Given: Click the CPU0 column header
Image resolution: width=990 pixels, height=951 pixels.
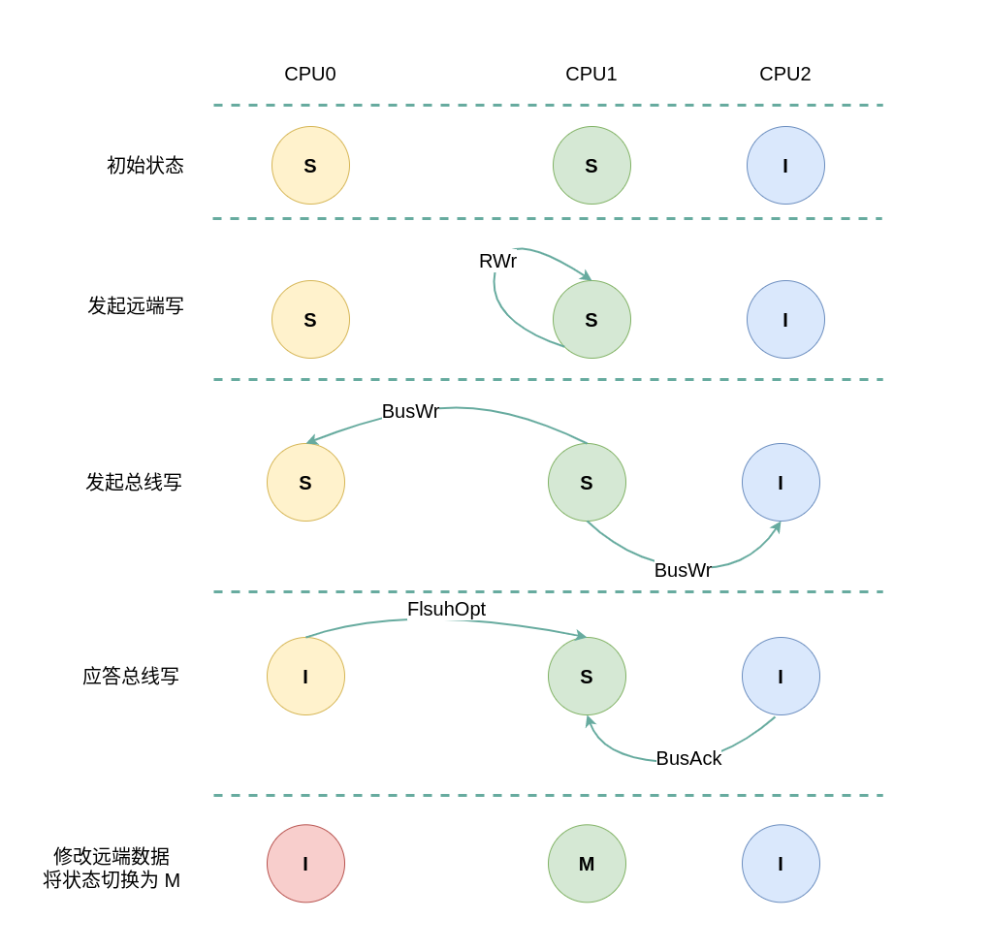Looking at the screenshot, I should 310,75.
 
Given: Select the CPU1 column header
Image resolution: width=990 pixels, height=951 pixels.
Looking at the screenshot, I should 591,75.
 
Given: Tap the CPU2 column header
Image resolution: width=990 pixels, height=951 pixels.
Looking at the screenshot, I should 785,75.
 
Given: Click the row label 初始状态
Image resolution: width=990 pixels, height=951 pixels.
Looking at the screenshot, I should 145,166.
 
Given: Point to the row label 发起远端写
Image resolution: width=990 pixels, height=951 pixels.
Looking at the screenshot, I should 136,306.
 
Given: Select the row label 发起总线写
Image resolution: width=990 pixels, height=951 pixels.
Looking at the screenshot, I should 134,483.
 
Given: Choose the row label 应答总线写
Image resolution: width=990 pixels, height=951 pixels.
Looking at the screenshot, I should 131,677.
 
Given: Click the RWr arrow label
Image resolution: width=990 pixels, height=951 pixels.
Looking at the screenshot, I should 497,262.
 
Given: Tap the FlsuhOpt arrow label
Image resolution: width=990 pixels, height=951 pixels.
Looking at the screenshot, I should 446,610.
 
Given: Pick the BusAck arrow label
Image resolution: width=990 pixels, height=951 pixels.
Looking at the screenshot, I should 688,759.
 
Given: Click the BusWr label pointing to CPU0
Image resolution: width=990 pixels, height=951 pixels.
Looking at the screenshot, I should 410,412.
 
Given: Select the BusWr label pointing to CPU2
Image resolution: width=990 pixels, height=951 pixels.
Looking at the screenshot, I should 683,571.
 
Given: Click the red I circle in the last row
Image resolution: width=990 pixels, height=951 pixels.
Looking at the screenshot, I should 305,864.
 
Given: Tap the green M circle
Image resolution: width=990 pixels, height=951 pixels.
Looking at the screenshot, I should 587,864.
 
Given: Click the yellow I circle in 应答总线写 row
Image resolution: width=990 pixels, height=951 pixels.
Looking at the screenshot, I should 305,677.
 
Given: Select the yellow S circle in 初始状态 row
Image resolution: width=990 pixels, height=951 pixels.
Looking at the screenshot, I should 310,166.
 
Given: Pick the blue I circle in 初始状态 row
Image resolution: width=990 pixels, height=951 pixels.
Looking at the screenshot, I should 785,166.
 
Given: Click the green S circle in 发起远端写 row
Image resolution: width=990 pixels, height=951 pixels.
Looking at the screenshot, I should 591,320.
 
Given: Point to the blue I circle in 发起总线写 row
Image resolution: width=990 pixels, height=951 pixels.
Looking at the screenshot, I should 781,483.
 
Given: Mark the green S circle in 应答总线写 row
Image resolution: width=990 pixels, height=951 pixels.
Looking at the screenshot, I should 587,677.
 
